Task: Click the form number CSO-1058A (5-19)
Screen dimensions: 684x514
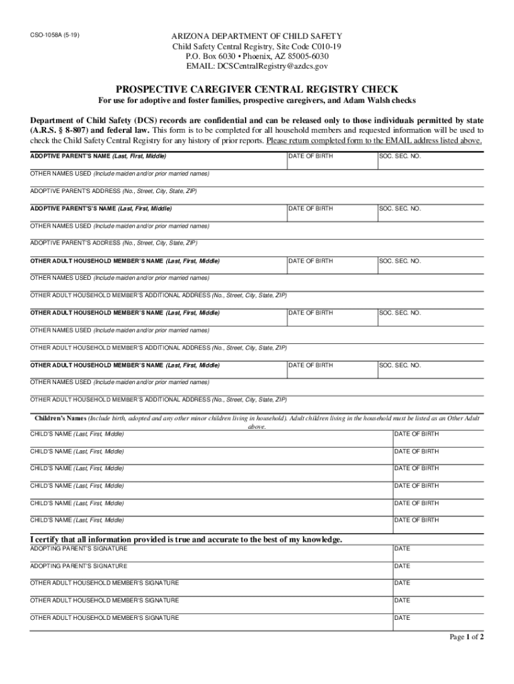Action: [x=56, y=34]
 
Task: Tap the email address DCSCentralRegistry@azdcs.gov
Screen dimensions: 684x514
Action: [x=257, y=66]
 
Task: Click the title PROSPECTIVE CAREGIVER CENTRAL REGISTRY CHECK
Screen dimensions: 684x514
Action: [x=257, y=89]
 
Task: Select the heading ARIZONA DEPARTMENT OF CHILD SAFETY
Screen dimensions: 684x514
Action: [x=257, y=35]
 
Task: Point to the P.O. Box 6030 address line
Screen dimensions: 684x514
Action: [x=257, y=56]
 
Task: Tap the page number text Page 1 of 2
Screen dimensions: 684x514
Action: [x=467, y=637]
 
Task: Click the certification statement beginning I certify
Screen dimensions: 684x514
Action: [x=186, y=539]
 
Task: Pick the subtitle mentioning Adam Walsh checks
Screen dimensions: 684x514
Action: [x=257, y=100]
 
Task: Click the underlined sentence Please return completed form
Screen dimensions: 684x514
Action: [x=374, y=141]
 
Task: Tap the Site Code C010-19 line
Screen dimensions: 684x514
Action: [x=257, y=46]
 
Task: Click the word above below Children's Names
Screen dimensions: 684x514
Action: [x=257, y=426]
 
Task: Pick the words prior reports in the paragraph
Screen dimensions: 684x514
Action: [x=243, y=141]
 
